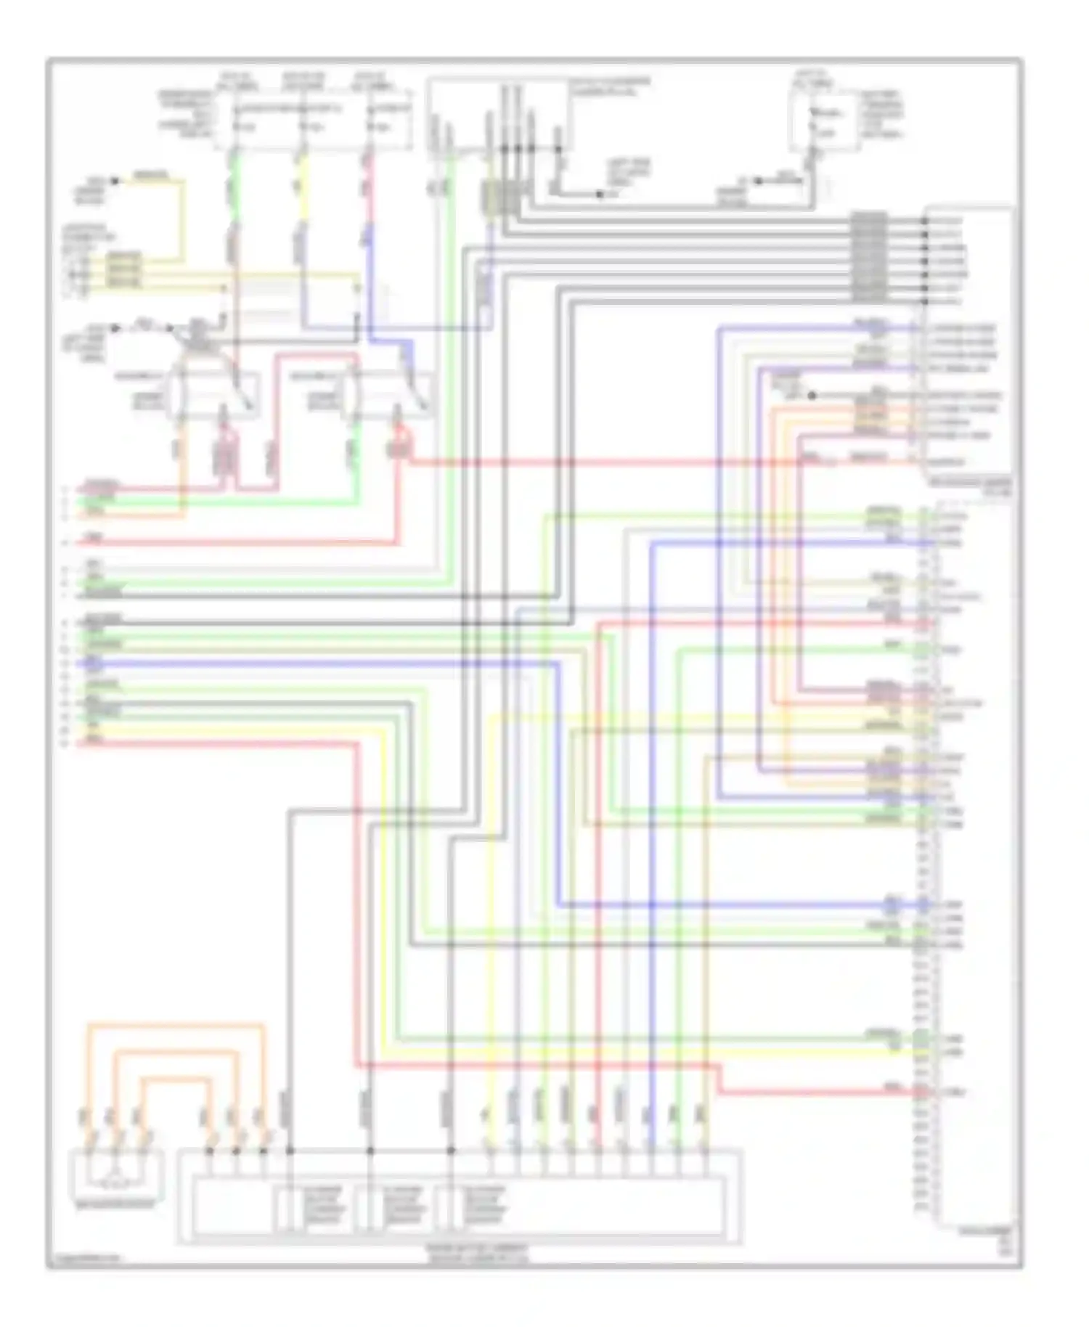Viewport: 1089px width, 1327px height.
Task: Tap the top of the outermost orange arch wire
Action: tap(174, 1025)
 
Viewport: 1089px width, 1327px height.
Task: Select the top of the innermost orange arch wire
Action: tap(174, 1079)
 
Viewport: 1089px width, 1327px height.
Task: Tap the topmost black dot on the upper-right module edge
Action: tap(926, 221)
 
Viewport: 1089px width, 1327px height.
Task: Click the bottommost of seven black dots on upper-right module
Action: tap(926, 301)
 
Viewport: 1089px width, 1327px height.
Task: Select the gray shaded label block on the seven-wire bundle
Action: tap(868, 258)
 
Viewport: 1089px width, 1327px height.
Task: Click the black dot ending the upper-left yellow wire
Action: tap(115, 181)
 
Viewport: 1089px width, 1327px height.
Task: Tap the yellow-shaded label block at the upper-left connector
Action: tap(123, 270)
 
